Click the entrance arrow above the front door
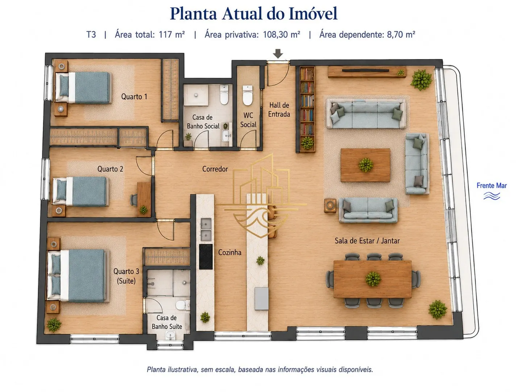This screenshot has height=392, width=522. pyautogui.click(x=278, y=54)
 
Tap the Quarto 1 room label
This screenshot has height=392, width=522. pyautogui.click(x=134, y=97)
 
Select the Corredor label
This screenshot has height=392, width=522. pyautogui.click(x=215, y=169)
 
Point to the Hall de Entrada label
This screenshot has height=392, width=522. pyautogui.click(x=279, y=110)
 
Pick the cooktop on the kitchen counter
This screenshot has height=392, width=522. pyautogui.click(x=206, y=257)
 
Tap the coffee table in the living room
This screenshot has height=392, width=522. pyautogui.click(x=365, y=165)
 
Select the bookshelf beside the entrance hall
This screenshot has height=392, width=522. pyautogui.click(x=307, y=110)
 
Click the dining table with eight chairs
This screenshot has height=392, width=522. pyautogui.click(x=372, y=279)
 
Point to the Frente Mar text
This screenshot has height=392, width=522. pyautogui.click(x=492, y=185)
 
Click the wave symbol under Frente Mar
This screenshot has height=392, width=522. pyautogui.click(x=492, y=196)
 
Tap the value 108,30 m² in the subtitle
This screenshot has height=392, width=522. pyautogui.click(x=281, y=35)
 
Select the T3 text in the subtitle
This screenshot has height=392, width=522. pyautogui.click(x=91, y=35)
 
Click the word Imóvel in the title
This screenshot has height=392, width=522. pyautogui.click(x=313, y=13)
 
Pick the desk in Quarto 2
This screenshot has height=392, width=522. pyautogui.click(x=144, y=200)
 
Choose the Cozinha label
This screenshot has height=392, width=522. pyautogui.click(x=230, y=252)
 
